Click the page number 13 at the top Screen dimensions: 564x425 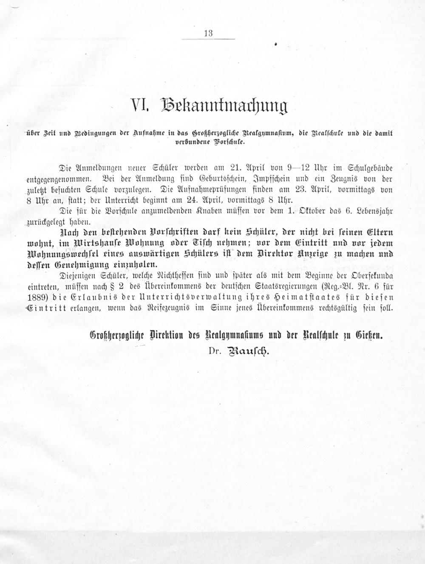coord(208,34)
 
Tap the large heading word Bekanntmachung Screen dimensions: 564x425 coord(224,107)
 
